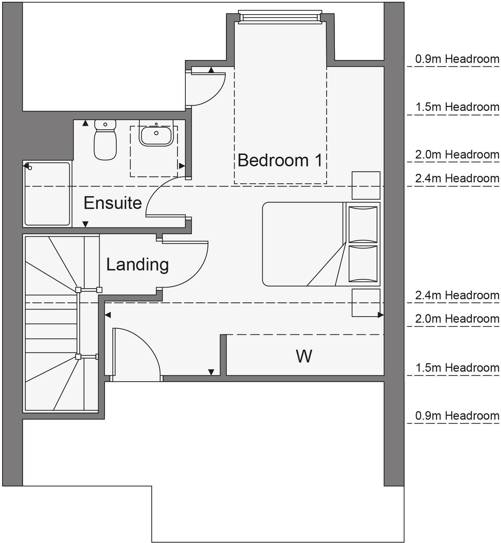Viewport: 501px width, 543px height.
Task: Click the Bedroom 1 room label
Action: click(x=280, y=160)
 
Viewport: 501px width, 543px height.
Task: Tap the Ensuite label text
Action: click(x=112, y=203)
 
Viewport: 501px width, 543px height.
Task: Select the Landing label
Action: click(x=137, y=264)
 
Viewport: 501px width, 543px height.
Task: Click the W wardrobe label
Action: click(x=304, y=356)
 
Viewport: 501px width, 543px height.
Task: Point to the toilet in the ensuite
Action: click(x=105, y=140)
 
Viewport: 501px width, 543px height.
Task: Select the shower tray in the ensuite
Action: click(x=47, y=194)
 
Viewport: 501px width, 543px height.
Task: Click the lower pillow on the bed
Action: click(x=363, y=263)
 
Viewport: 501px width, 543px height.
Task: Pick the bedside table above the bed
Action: click(x=366, y=185)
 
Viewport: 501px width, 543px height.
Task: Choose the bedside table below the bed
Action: click(x=366, y=302)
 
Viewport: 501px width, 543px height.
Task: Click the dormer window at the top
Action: click(x=280, y=17)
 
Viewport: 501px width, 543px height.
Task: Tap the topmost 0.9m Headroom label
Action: click(x=457, y=59)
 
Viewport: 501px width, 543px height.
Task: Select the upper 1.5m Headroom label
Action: click(x=457, y=107)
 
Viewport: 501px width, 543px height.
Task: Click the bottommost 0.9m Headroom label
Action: click(x=457, y=416)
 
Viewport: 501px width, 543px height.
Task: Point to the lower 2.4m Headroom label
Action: click(x=457, y=295)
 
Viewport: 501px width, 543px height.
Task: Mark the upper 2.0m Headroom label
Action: click(x=457, y=155)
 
